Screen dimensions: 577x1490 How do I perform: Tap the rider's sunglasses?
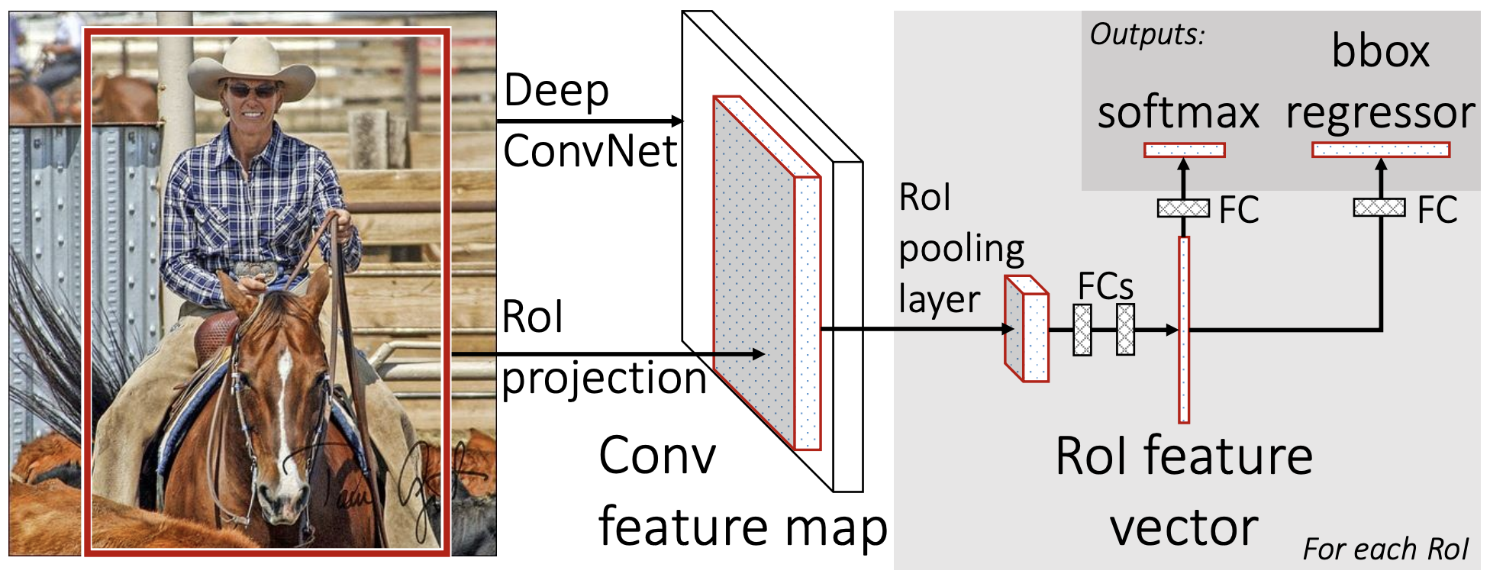tap(251, 91)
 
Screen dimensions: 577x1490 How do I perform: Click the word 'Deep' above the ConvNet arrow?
tap(556, 92)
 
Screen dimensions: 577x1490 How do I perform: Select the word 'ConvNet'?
tap(590, 151)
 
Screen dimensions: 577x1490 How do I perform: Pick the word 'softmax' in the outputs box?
tap(1178, 113)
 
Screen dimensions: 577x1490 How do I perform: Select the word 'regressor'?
tap(1380, 113)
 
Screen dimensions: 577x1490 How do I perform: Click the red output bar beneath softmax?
tap(1184, 150)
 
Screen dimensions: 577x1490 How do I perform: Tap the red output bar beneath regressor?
tap(1380, 150)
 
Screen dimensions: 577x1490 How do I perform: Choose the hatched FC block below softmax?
tap(1183, 208)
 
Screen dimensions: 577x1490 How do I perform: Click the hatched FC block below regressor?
tap(1379, 207)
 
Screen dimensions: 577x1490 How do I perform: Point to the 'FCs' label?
tap(1105, 287)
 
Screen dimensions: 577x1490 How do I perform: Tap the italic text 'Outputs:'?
tap(1147, 34)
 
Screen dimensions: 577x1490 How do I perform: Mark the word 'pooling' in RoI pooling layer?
tap(961, 250)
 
